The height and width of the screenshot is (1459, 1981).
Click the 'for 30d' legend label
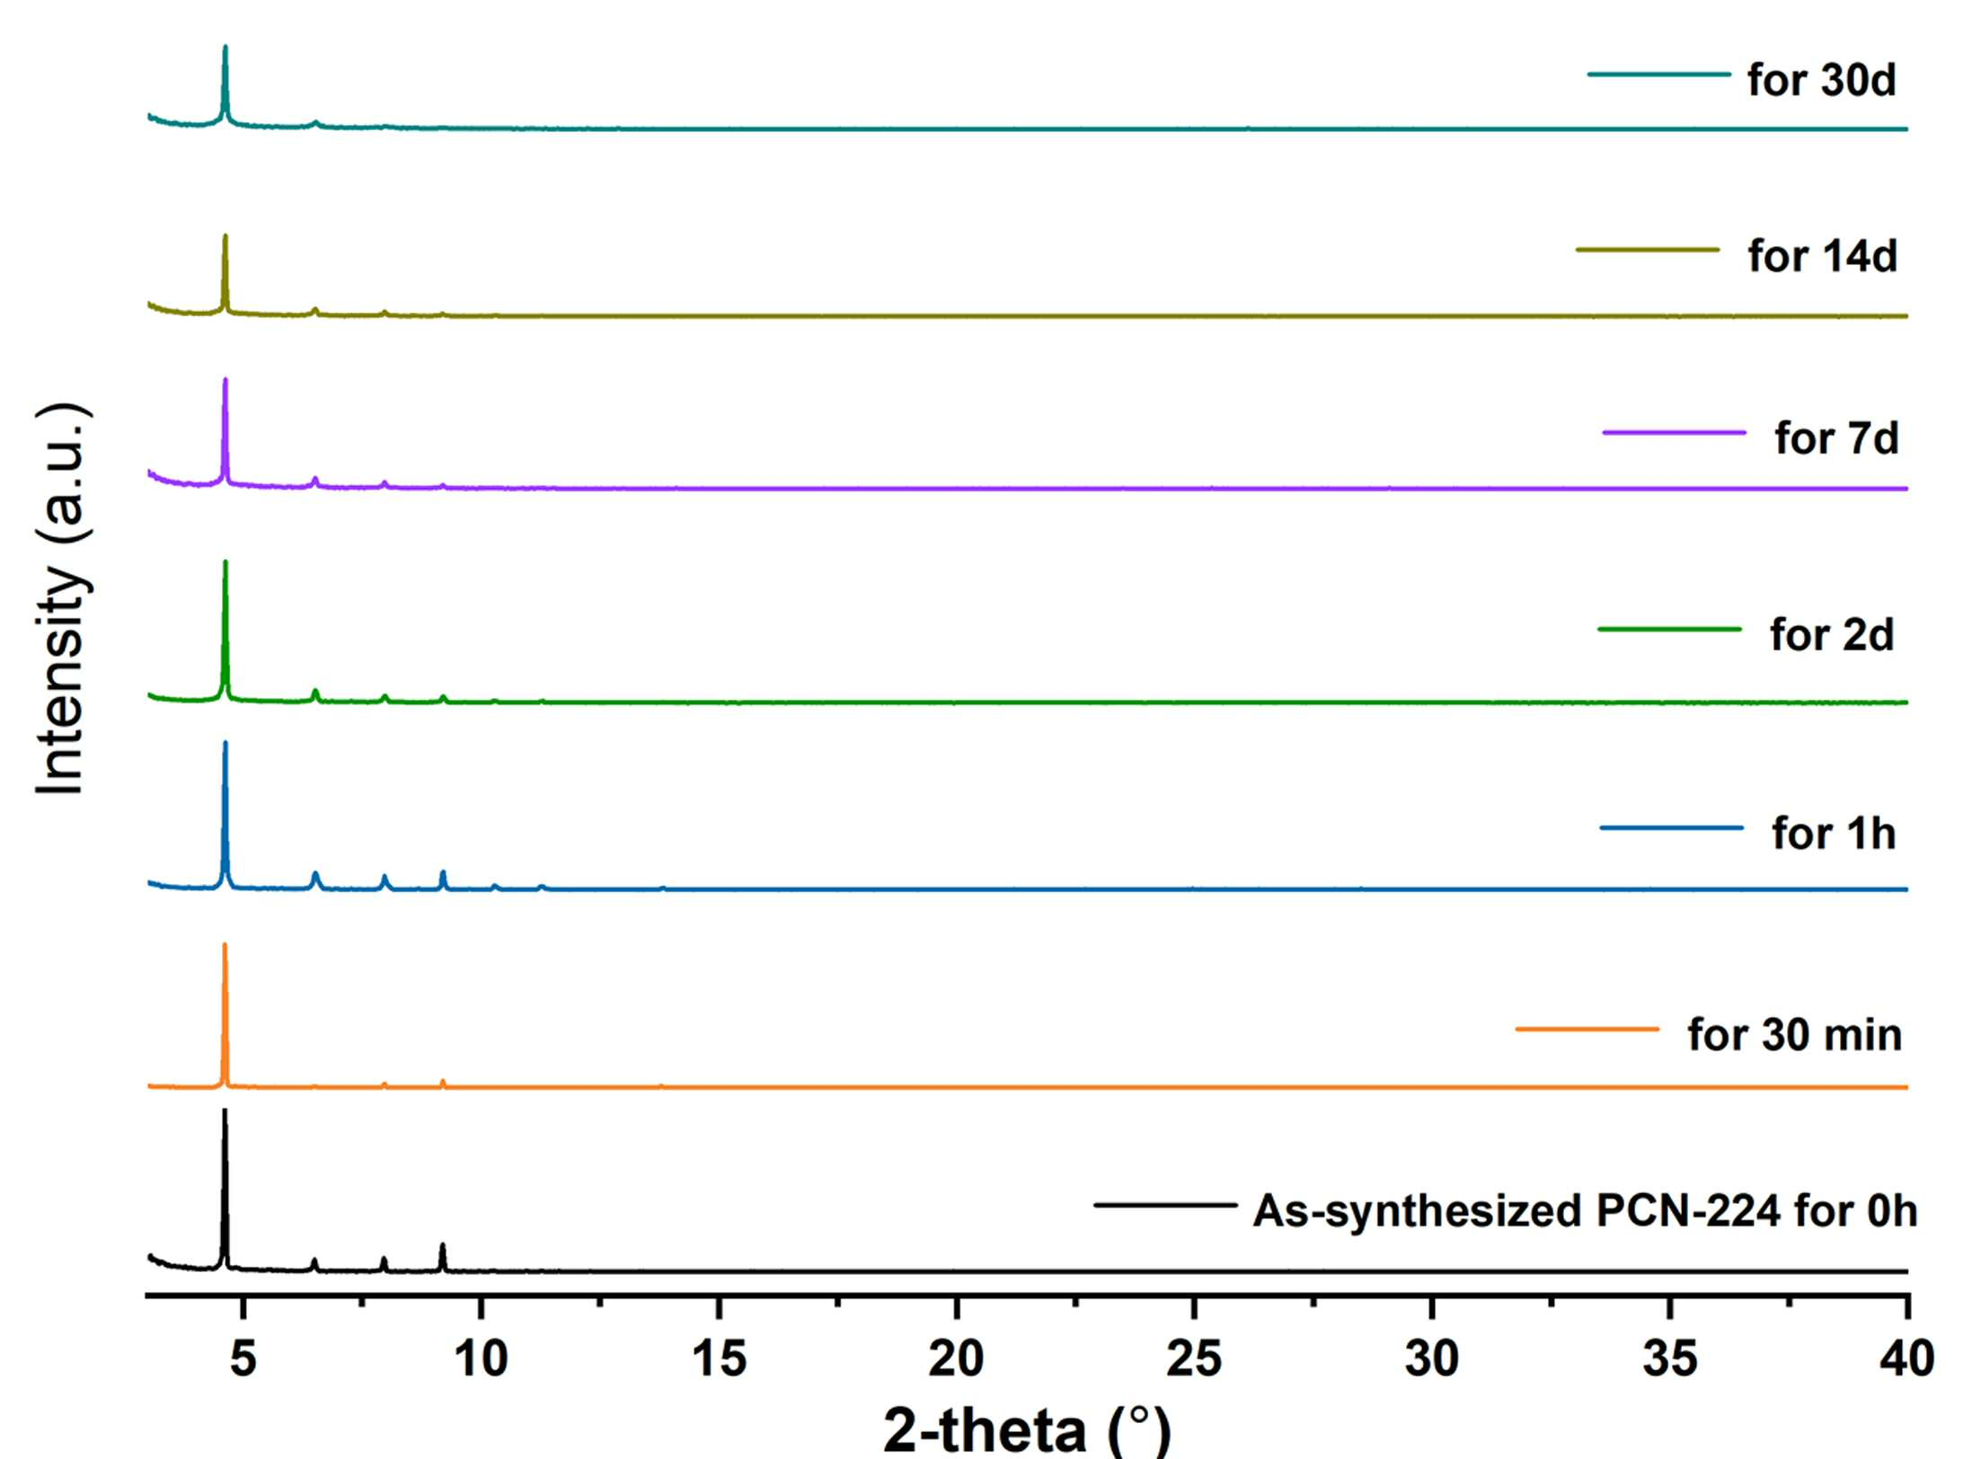coord(1821,80)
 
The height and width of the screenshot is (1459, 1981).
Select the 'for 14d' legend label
coord(1822,256)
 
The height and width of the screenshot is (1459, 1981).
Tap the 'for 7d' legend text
coord(1836,438)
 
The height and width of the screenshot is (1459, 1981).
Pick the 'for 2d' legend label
coord(1832,635)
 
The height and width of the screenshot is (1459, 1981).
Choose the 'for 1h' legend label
coord(1834,834)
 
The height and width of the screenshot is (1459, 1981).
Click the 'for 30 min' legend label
coord(1794,1035)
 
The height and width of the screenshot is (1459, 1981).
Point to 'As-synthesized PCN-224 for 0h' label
coord(1586,1211)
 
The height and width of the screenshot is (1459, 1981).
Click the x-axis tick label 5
coord(243,1358)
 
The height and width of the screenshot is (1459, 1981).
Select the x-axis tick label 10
coord(482,1358)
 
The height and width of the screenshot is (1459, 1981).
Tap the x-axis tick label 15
coord(719,1358)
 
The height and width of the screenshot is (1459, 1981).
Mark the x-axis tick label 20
coord(957,1358)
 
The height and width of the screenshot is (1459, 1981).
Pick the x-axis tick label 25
coord(1194,1358)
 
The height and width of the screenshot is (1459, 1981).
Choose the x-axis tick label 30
coord(1432,1358)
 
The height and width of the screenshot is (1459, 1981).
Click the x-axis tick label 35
coord(1670,1358)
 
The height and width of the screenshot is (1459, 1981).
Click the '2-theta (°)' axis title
coord(1028,1429)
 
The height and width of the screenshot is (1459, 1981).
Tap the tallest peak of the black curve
coord(225,1110)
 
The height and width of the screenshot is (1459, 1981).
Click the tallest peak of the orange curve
coord(225,944)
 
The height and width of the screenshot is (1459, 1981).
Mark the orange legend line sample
coord(1587,1029)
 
